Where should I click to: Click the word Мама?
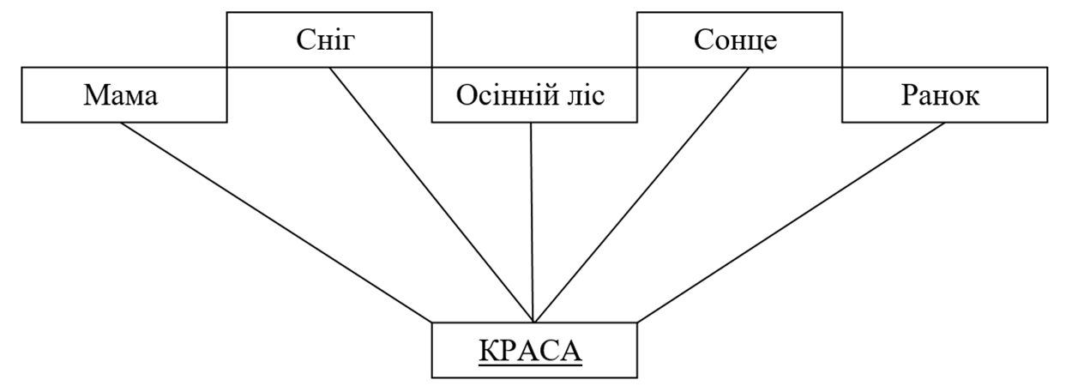pyautogui.click(x=121, y=95)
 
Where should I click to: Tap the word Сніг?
pyautogui.click(x=325, y=40)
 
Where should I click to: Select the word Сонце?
pyautogui.click(x=735, y=40)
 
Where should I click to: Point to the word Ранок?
pyautogui.click(x=940, y=95)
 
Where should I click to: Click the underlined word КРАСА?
pyautogui.click(x=530, y=350)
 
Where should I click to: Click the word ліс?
pyautogui.click(x=586, y=95)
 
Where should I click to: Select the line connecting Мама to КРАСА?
pyautogui.click(x=276, y=222)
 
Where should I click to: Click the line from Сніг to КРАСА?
pyautogui.click(x=431, y=195)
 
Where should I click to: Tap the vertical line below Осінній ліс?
pyautogui.click(x=533, y=222)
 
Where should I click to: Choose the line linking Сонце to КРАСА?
pyautogui.click(x=641, y=195)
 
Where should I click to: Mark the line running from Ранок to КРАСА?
pyautogui.click(x=792, y=222)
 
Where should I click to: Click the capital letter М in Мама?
pyautogui.click(x=95, y=95)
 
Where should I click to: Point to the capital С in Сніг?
pyautogui.click(x=304, y=40)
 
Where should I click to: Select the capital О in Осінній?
pyautogui.click(x=466, y=95)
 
